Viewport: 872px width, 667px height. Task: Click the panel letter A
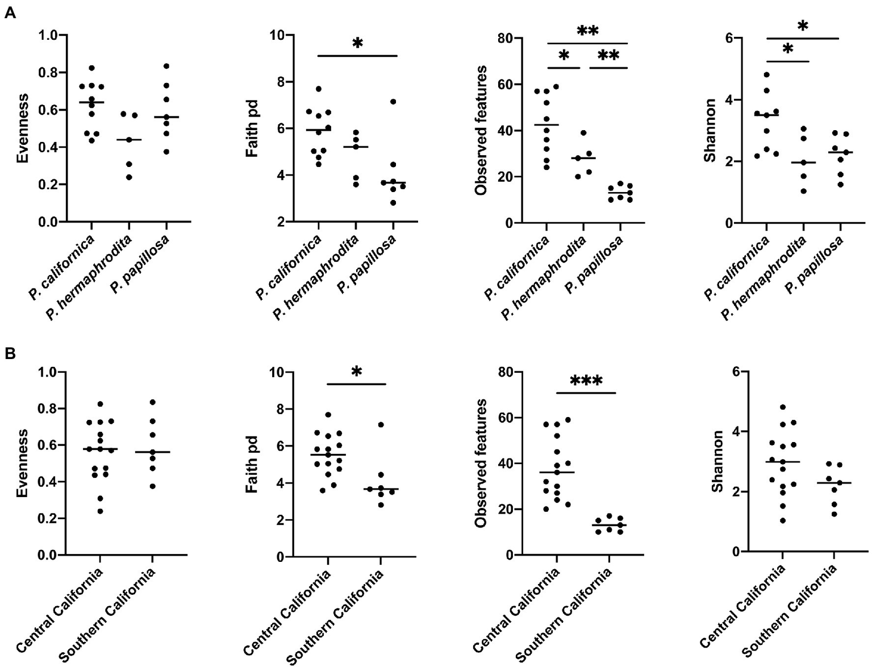click(10, 13)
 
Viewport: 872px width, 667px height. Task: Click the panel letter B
click(10, 353)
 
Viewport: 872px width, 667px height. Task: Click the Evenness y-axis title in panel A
click(22, 128)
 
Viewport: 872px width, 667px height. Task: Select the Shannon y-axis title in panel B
click(717, 461)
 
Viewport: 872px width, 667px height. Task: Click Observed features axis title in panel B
click(481, 463)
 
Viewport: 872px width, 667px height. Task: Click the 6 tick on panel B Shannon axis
click(736, 372)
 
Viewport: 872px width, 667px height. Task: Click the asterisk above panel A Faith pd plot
click(357, 43)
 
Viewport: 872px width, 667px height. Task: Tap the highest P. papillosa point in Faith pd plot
click(393, 102)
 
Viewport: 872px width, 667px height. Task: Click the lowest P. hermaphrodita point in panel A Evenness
click(129, 177)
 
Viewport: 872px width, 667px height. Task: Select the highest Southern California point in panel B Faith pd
click(381, 424)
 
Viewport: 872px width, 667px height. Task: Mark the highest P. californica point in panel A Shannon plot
click(766, 74)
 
